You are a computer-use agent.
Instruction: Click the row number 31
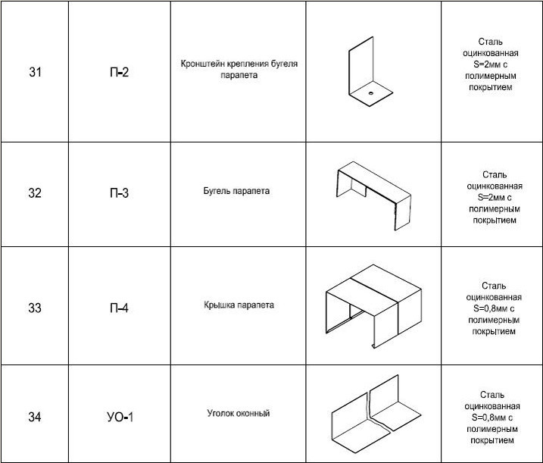tap(34, 74)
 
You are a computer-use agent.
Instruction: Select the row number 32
tap(34, 193)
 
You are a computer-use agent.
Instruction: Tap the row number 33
tap(34, 308)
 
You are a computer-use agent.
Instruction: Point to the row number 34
tap(34, 417)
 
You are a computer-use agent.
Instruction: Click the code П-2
tap(118, 74)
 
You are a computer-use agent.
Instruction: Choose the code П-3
tap(118, 193)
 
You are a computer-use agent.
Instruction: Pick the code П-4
tap(118, 308)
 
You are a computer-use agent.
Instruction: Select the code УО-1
tap(118, 417)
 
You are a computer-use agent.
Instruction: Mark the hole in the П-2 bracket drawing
tap(371, 92)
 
